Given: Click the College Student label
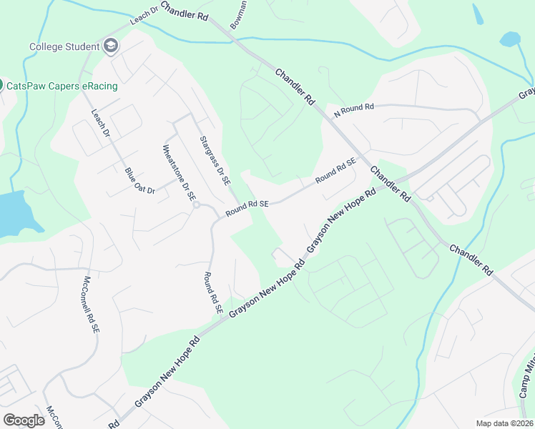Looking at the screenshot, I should click(x=64, y=47).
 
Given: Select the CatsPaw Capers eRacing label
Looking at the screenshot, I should click(x=62, y=86).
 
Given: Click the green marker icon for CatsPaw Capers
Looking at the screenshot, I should click(x=1, y=85).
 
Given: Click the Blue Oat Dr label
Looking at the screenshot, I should click(x=139, y=181).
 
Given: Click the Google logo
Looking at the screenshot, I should click(x=24, y=420).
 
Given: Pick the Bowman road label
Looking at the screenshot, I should click(x=238, y=15).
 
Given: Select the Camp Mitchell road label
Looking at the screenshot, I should click(x=528, y=380).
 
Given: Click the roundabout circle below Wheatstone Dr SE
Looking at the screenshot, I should click(x=195, y=204).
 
